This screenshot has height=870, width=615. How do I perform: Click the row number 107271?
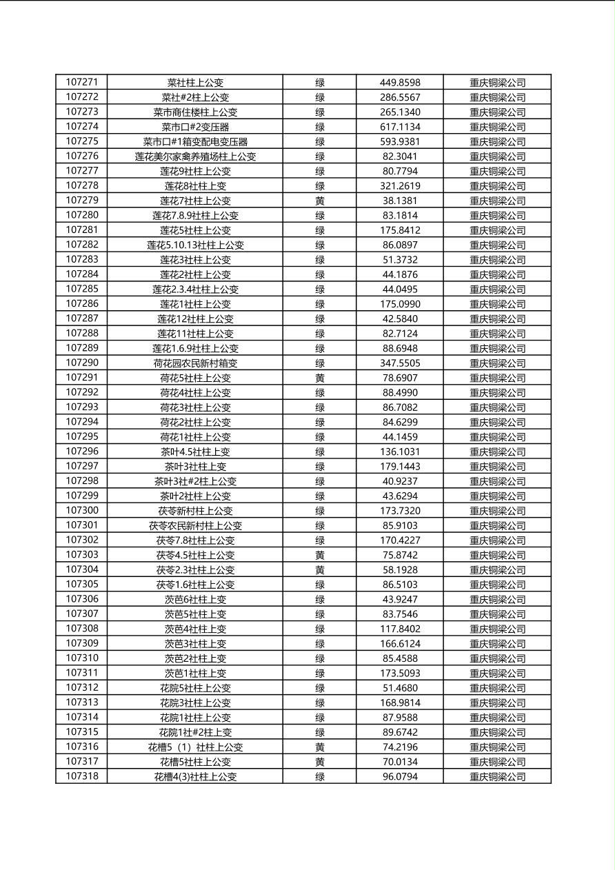(81, 82)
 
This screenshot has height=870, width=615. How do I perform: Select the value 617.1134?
(399, 127)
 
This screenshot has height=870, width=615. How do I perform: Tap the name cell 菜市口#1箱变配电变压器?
(195, 141)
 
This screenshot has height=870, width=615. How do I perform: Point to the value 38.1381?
(399, 201)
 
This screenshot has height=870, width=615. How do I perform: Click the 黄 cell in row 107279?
(320, 201)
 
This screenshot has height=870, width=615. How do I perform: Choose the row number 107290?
(81, 363)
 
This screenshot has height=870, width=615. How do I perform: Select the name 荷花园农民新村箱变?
(195, 363)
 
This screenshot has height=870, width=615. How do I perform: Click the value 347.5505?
(399, 363)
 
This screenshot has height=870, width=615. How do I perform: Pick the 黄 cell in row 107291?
(320, 378)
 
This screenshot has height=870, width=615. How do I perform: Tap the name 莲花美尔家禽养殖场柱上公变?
(195, 156)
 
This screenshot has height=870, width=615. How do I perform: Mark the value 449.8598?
(399, 83)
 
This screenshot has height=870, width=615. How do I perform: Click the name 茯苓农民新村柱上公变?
(195, 525)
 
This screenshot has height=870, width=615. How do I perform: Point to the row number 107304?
(81, 569)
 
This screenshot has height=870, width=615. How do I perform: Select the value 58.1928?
(399, 570)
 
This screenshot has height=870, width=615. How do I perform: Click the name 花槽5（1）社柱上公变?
(195, 747)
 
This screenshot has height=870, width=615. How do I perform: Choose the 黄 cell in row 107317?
(320, 762)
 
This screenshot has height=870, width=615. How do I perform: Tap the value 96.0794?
(399, 777)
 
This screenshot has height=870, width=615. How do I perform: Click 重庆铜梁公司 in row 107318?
(497, 777)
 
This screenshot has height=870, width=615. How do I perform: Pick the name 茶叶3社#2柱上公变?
(195, 481)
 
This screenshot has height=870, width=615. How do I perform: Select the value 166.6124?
(399, 644)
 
